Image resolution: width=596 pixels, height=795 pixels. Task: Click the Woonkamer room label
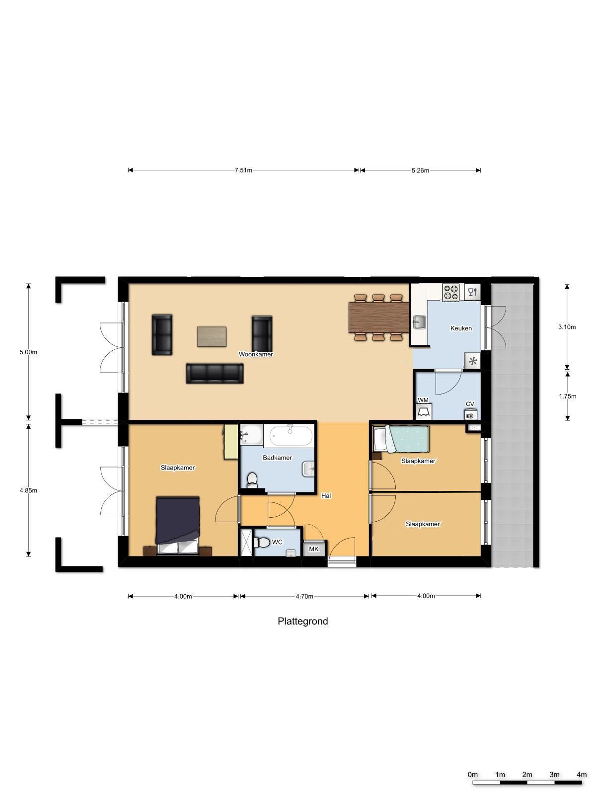255,354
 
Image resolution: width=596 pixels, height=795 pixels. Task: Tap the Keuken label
461,328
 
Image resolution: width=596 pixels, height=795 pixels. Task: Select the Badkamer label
277,458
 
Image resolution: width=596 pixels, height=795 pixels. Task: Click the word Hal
326,496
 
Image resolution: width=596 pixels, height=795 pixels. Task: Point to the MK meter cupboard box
314,549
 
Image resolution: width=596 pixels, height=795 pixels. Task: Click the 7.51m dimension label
243,170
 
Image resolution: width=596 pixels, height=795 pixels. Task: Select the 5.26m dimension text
420,170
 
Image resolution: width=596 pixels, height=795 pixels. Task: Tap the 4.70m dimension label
304,597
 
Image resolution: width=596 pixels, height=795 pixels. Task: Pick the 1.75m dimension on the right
567,396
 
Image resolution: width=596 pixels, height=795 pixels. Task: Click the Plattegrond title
303,621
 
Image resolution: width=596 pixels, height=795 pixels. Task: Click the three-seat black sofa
215,374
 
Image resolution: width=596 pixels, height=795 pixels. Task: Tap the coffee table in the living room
212,336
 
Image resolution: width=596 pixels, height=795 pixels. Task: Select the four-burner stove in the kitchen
451,292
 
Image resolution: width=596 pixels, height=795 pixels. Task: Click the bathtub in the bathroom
291,436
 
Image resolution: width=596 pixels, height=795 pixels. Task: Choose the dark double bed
178,526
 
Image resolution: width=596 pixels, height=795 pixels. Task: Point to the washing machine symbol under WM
423,412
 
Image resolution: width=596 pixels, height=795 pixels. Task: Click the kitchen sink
419,322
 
